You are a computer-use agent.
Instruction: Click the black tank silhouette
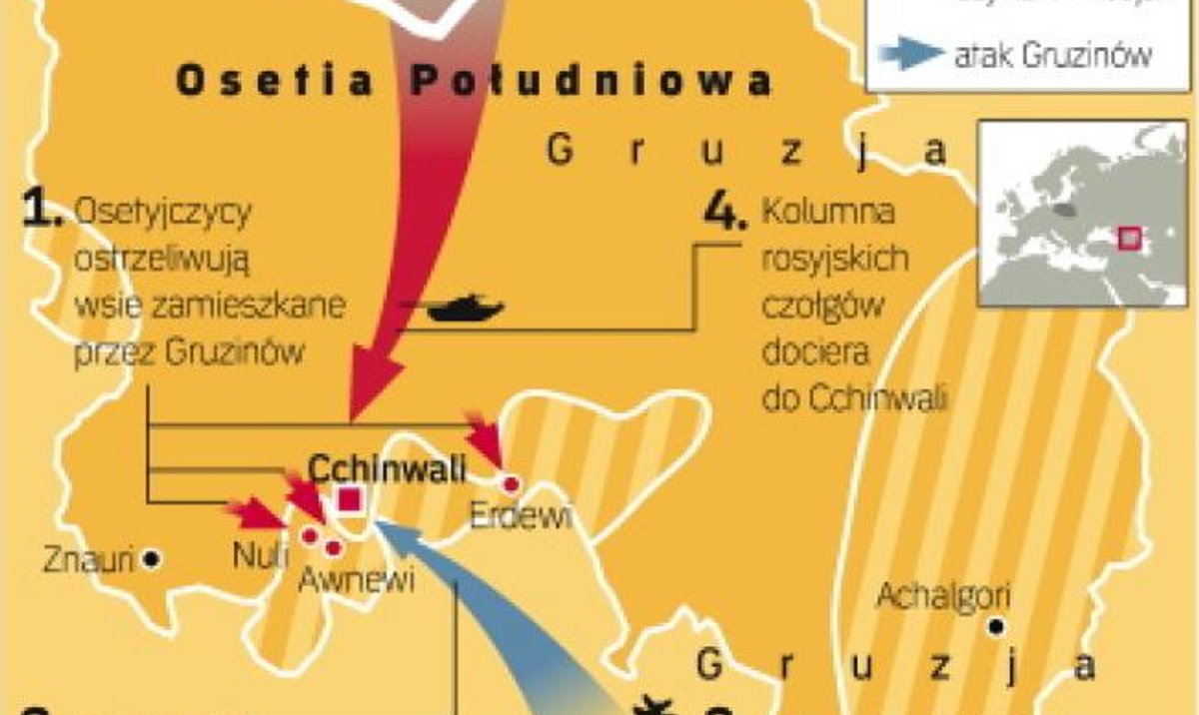coord(466,308)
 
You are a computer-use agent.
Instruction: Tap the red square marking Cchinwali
coord(350,499)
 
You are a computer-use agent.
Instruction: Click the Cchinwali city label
coord(388,469)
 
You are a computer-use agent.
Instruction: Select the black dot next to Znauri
coord(152,559)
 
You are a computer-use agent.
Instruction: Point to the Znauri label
coord(89,560)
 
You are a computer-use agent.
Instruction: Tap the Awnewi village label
coord(356,580)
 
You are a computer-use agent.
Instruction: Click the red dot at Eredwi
coord(513,484)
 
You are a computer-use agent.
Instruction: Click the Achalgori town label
coord(943,596)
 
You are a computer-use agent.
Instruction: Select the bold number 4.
coord(725,212)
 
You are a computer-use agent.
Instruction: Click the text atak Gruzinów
coord(1052,55)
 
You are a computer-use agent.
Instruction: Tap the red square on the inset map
coord(1130,239)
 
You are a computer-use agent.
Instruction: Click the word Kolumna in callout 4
coord(828,213)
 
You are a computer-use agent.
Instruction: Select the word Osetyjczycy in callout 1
coord(164,212)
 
